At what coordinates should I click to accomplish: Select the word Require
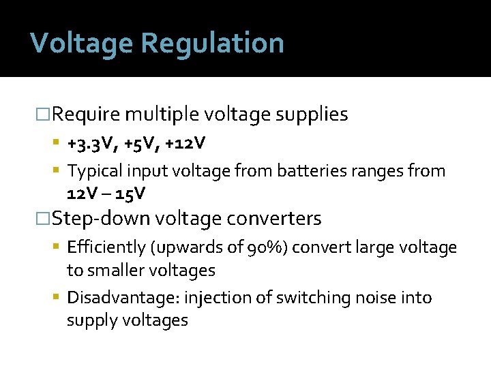tap(86, 114)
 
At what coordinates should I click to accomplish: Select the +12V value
tap(183, 144)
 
